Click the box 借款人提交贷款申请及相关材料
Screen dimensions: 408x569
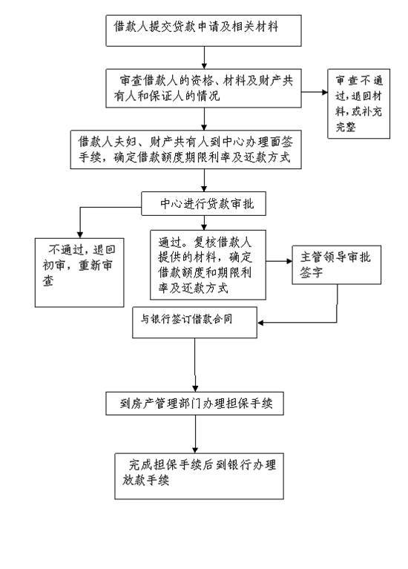(203, 30)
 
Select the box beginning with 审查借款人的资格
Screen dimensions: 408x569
(203, 88)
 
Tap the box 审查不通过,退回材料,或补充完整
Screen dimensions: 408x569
(358, 104)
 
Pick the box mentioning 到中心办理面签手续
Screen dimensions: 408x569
(186, 150)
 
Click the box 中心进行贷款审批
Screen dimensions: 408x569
(203, 203)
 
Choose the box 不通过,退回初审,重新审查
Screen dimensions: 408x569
(79, 272)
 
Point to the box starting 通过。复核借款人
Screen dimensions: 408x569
(208, 265)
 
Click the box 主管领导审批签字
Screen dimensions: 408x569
(337, 265)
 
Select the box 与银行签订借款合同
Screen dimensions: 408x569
(194, 323)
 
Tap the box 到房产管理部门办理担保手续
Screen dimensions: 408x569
(194, 403)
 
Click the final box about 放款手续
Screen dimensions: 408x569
(199, 476)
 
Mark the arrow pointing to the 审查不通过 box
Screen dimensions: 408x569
(315, 92)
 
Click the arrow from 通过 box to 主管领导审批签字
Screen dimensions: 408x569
(279, 261)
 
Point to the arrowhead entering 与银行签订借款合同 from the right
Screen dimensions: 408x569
(260, 323)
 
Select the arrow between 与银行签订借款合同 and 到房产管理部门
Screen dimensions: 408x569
(195, 365)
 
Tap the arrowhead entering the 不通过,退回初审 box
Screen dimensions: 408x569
(80, 235)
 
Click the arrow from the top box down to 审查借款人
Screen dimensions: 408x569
(204, 58)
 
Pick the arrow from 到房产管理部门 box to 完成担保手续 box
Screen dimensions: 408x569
(195, 434)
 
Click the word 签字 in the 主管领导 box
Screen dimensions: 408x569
(311, 272)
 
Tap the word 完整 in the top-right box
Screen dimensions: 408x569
(346, 127)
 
